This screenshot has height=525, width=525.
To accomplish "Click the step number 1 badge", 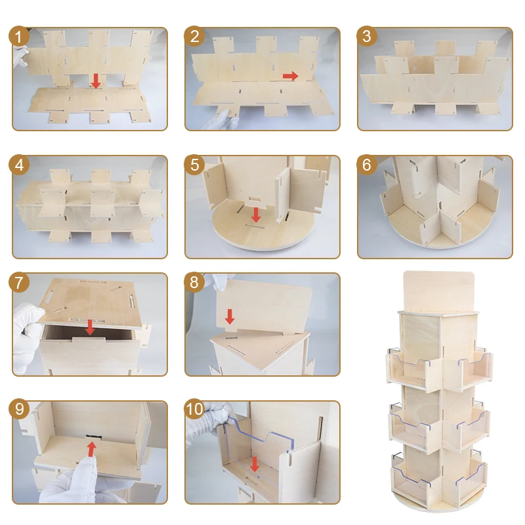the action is [x=19, y=36].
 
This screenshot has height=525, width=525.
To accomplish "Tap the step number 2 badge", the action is [x=194, y=36].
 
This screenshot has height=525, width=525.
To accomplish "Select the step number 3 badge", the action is [x=367, y=36].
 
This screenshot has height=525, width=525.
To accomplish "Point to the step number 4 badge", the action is [x=19, y=165].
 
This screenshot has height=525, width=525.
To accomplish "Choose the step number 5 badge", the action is [x=194, y=165].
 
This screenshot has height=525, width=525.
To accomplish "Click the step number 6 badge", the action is [x=367, y=165].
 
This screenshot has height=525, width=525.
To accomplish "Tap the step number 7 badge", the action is [x=19, y=282].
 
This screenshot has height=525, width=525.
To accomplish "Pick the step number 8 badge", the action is [x=194, y=282].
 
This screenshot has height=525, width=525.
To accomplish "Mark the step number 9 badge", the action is [x=19, y=408].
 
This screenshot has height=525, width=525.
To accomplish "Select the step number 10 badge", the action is [x=194, y=408].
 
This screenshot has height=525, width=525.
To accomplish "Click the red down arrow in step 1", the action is [x=96, y=81].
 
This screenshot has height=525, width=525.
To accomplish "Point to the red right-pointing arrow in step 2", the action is [x=290, y=76].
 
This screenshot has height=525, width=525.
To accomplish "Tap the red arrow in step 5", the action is [x=256, y=215].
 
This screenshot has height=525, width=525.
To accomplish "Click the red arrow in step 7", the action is [x=90, y=327].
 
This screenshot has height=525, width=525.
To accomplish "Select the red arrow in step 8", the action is [x=230, y=316].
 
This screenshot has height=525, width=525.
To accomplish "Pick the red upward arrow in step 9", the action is [x=92, y=450].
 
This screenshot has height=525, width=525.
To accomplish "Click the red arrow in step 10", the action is [x=255, y=464].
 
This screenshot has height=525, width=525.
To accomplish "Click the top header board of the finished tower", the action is [x=439, y=291].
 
